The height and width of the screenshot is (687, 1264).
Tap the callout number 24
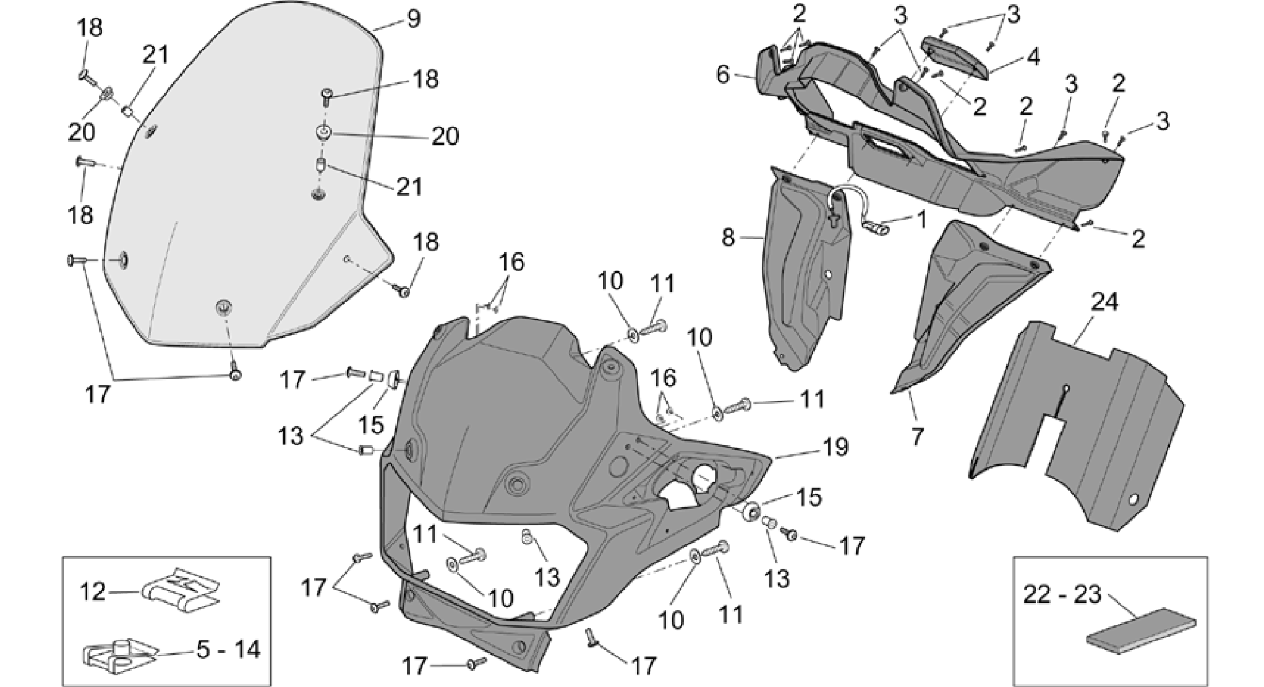click(1104, 303)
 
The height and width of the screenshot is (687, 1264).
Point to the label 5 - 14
click(229, 649)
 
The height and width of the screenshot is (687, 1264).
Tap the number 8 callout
click(728, 237)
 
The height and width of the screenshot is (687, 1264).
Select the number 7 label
click(917, 437)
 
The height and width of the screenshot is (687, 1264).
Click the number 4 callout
click(1033, 57)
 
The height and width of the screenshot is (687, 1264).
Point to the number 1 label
click(922, 220)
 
